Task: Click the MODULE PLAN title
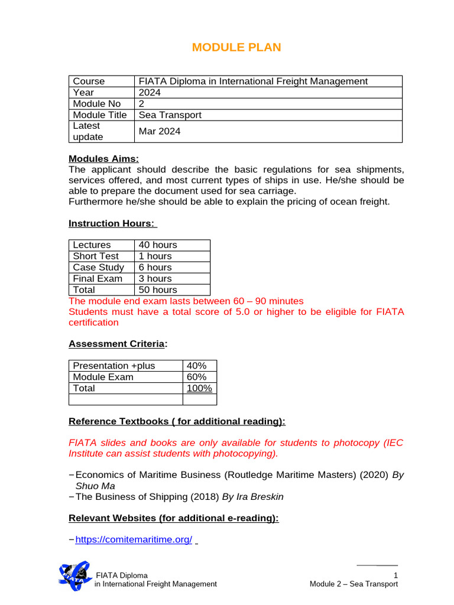click(236, 47)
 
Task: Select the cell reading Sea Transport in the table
click(170, 115)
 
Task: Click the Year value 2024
click(150, 93)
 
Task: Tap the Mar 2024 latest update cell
click(160, 132)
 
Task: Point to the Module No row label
click(97, 104)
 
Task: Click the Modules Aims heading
click(104, 158)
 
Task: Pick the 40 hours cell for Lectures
click(158, 245)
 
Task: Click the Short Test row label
click(96, 256)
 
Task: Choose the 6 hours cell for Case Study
click(155, 268)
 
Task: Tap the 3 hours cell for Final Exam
click(155, 279)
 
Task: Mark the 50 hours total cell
click(158, 290)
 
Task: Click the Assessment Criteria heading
click(116, 344)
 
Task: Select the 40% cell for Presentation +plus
click(196, 366)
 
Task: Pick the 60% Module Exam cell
click(196, 377)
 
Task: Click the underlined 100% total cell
click(199, 388)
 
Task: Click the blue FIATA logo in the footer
click(74, 575)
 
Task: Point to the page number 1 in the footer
click(395, 575)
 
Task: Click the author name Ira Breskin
click(260, 497)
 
